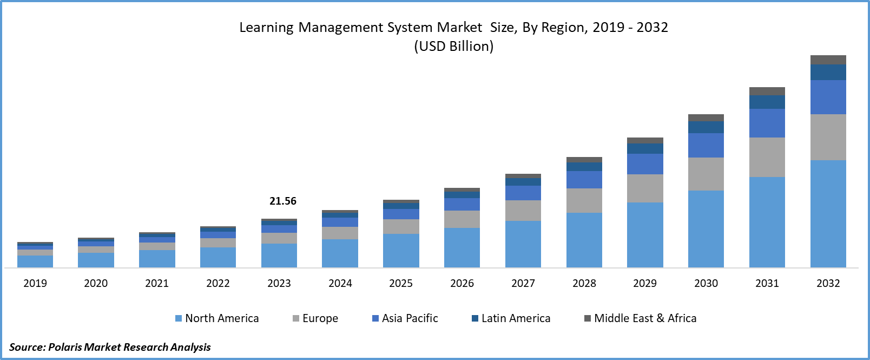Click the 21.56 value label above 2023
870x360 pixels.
(x=283, y=201)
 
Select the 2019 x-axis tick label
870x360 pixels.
(x=35, y=283)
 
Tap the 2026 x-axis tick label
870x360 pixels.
(x=462, y=283)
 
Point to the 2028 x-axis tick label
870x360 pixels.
(x=584, y=283)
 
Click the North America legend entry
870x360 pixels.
(x=217, y=318)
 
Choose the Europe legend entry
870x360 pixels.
(x=315, y=318)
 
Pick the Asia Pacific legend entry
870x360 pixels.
(x=405, y=318)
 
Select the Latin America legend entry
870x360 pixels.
(x=511, y=318)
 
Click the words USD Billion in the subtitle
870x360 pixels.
(x=453, y=47)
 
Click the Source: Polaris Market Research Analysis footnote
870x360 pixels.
(x=110, y=347)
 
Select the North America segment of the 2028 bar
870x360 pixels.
(x=584, y=240)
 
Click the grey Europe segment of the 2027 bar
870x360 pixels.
(x=523, y=211)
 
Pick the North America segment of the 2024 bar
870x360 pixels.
(x=340, y=253)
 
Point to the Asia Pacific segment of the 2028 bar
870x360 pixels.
(x=584, y=180)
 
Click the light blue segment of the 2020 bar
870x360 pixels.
(x=96, y=260)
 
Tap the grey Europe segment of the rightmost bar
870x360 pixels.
(x=828, y=137)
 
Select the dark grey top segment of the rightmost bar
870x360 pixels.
(x=828, y=60)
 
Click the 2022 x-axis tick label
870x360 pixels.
(x=218, y=283)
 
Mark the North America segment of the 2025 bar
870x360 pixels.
(x=401, y=250)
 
